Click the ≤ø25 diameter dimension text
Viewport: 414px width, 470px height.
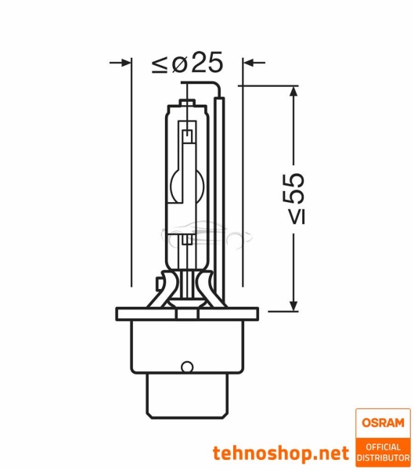point(187,63)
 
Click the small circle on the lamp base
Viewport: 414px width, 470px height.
point(186,366)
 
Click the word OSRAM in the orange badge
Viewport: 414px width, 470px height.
point(381,423)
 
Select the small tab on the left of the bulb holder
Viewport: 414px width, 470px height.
point(160,278)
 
